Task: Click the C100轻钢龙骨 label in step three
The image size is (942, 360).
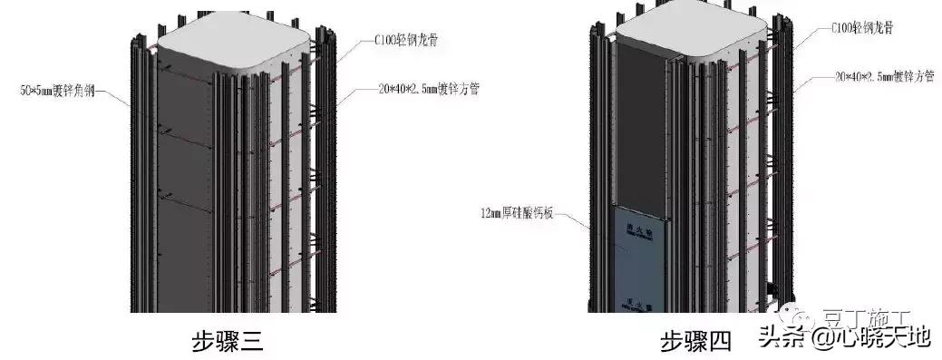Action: (413, 42)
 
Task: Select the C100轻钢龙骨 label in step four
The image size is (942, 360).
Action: (861, 28)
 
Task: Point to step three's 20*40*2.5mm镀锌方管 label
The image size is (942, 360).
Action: (431, 89)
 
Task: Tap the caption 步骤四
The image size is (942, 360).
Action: (694, 342)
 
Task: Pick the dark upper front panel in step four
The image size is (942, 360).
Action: (642, 127)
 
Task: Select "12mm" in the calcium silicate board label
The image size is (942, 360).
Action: (493, 215)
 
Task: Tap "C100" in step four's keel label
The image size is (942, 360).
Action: (841, 28)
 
